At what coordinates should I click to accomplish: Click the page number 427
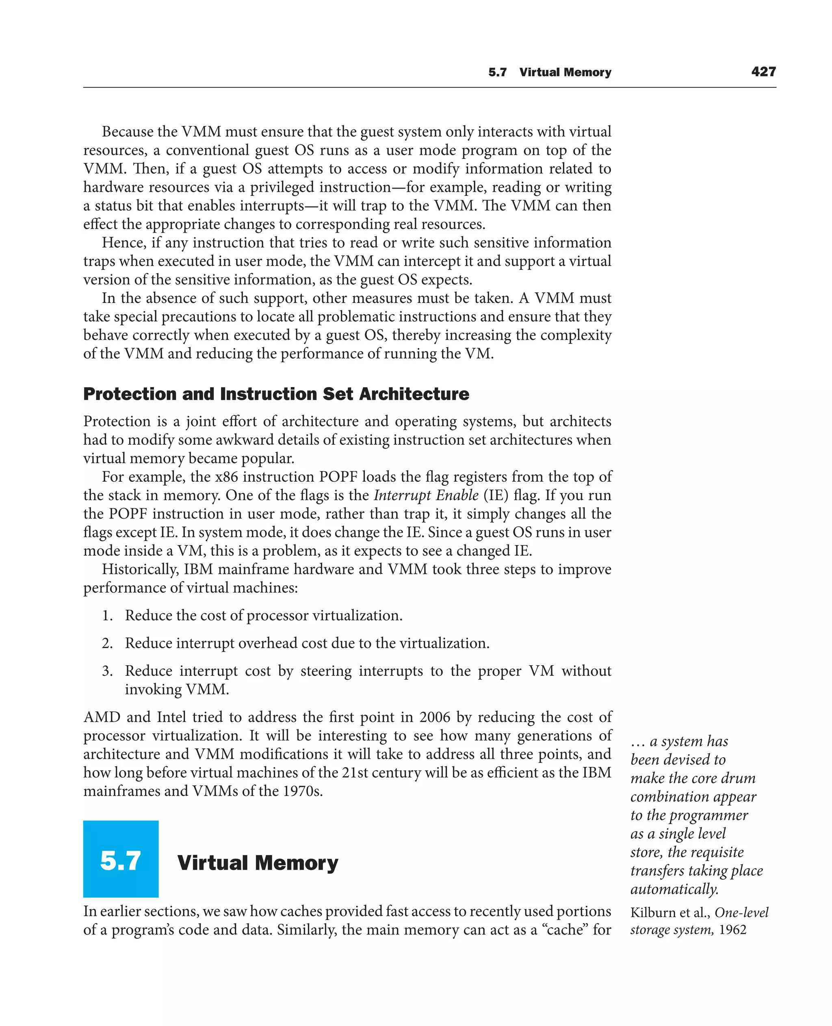point(763,72)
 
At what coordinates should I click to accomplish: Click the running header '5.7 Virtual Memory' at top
point(550,72)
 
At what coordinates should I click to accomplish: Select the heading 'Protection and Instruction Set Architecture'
point(276,394)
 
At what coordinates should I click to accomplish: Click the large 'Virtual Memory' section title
point(258,863)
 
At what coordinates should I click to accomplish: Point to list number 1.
point(107,616)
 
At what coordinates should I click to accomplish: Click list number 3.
point(107,671)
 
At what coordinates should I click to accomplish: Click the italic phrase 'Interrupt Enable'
point(426,495)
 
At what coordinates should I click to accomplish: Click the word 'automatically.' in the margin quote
point(674,890)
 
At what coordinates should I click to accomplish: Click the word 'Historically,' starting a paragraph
point(140,569)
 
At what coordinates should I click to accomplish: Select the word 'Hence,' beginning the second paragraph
point(124,243)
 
